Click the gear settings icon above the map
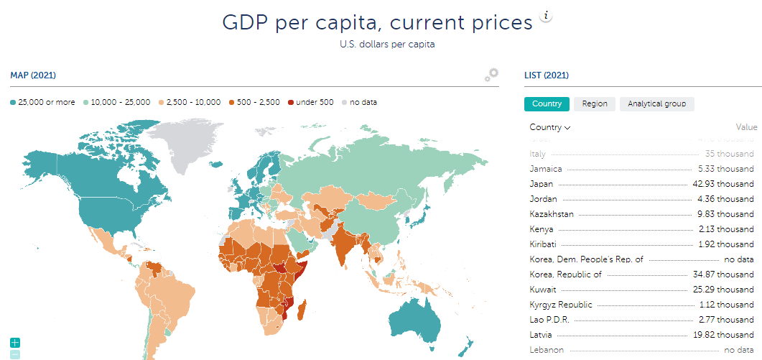491,75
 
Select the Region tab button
594,104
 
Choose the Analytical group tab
656,104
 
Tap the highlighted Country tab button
547,104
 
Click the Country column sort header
549,127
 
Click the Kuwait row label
542,290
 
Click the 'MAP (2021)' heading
33,75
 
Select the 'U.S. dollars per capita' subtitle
387,45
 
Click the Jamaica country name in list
545,169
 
